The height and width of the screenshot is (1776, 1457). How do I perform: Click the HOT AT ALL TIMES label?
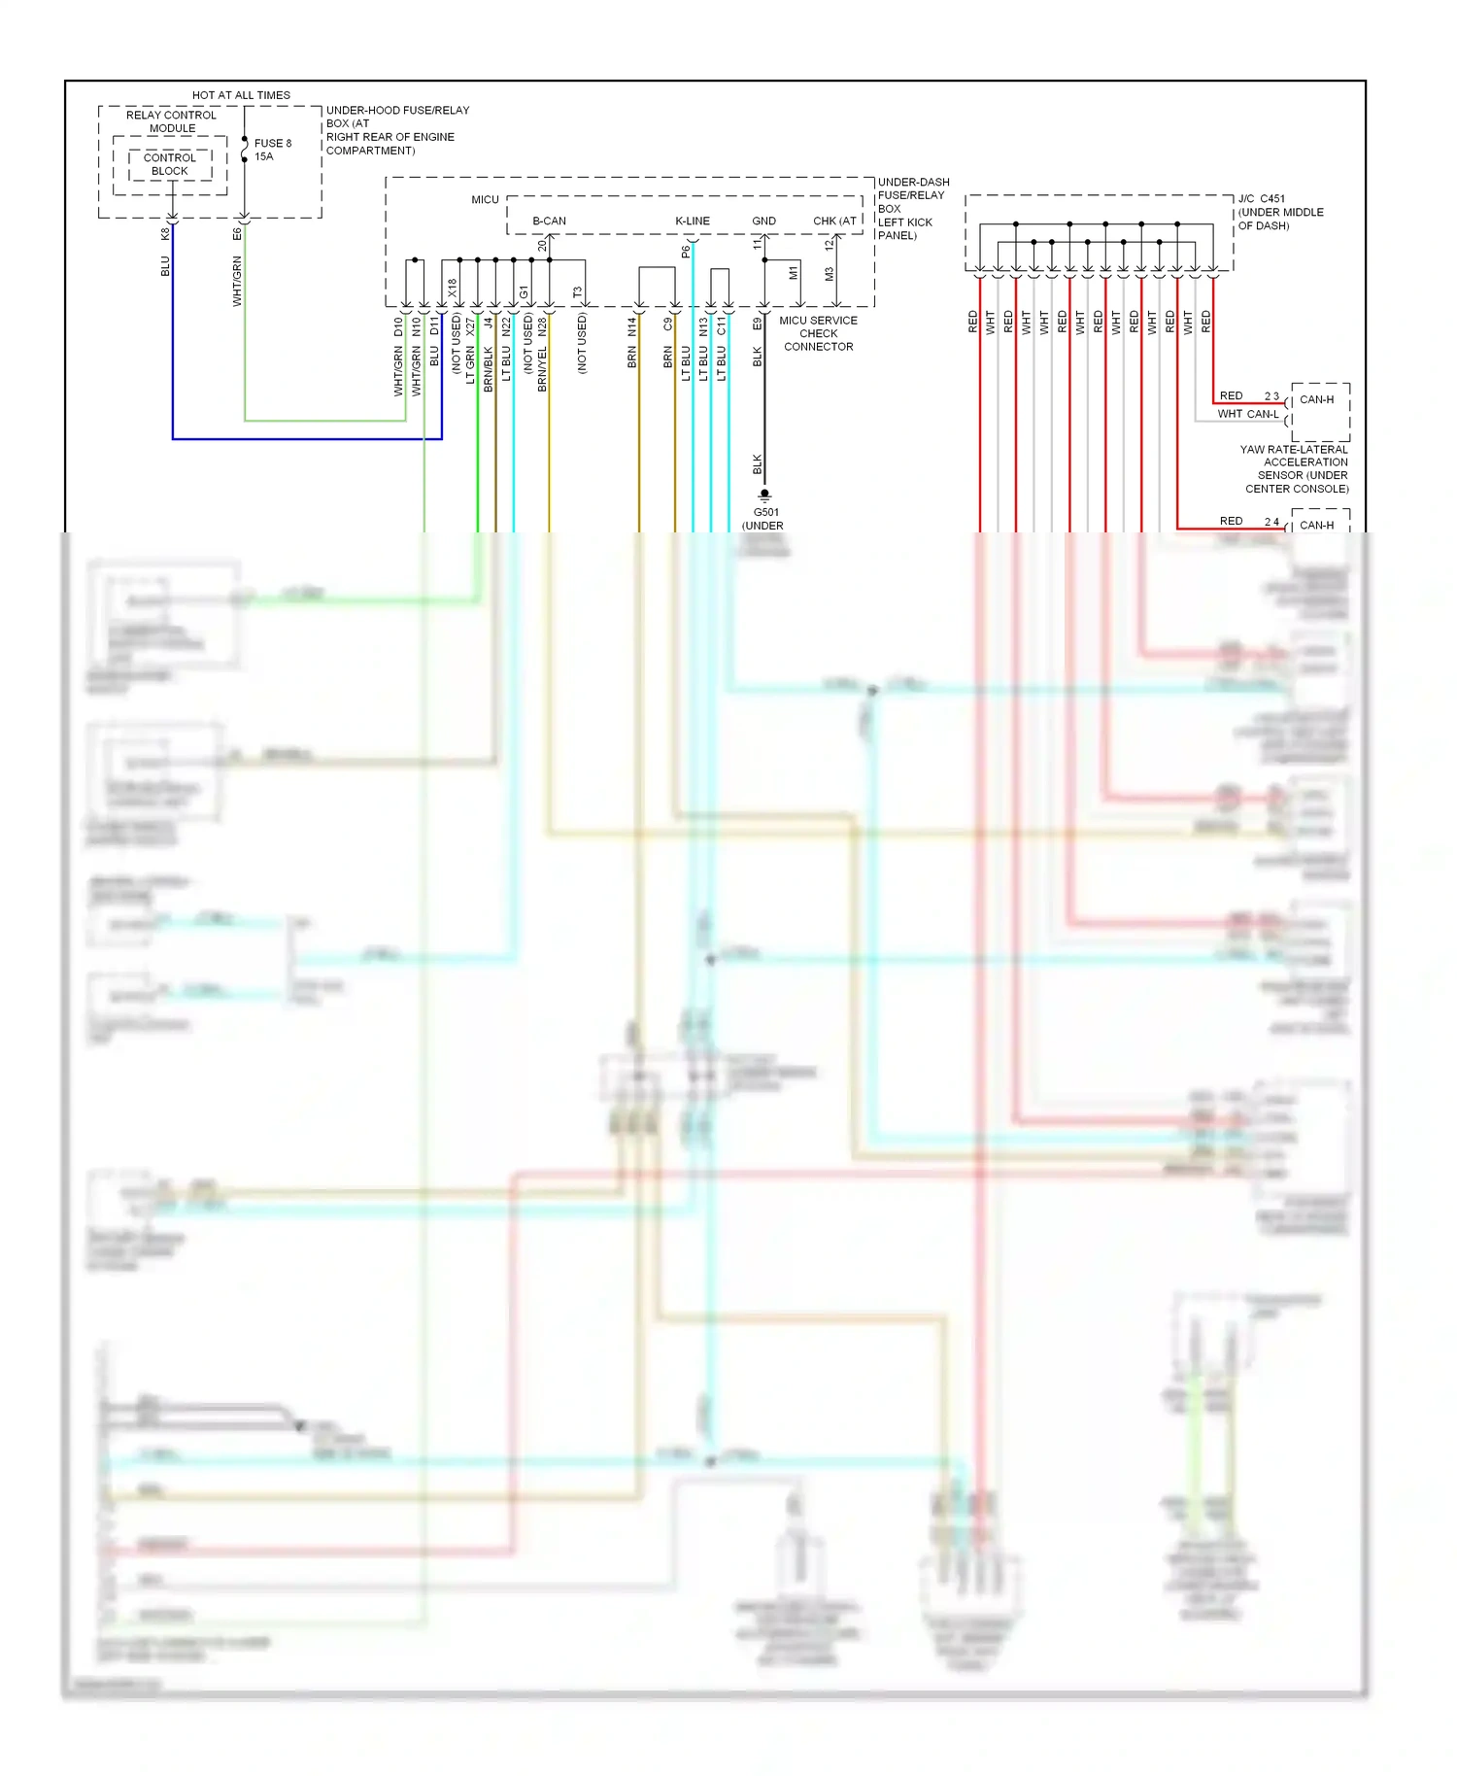pos(241,95)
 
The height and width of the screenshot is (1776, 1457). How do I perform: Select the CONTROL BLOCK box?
pos(170,164)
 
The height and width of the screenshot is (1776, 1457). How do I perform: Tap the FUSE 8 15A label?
pos(272,150)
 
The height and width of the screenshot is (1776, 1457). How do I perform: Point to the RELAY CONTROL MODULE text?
pos(172,121)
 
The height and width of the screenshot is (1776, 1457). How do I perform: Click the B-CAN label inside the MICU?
pos(549,222)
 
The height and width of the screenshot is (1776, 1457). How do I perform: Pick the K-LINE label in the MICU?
pos(693,222)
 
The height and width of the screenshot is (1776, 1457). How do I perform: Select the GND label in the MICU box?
pos(763,222)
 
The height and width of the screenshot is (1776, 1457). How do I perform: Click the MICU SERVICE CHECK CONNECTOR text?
pos(818,333)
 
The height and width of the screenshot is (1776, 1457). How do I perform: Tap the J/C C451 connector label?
pos(1262,199)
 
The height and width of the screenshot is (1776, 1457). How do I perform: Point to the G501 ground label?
pos(765,512)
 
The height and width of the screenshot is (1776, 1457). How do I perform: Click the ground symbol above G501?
pos(764,495)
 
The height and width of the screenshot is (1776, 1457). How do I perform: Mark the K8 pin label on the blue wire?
pos(165,234)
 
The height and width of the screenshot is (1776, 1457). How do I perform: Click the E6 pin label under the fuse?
pos(237,234)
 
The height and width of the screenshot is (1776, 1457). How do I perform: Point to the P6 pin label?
pos(686,252)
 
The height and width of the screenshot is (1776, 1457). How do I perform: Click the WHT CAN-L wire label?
pos(1248,414)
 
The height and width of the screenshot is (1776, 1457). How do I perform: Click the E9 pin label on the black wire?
pos(758,324)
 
